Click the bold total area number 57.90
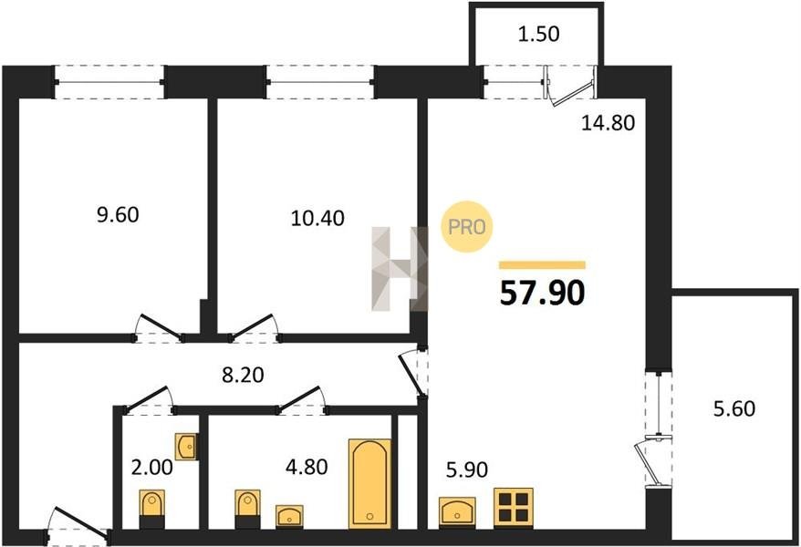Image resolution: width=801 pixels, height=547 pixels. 542,294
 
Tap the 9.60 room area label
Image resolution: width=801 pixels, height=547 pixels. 118,215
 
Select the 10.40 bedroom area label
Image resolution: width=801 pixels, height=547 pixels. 317,219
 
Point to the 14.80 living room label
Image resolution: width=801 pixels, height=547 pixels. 608,123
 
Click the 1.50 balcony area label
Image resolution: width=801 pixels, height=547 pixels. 539,34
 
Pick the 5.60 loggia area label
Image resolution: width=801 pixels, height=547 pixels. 734,408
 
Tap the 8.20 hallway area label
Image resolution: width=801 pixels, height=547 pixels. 244,375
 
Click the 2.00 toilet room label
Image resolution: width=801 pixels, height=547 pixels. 151,467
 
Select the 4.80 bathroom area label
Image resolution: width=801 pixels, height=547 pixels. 307,467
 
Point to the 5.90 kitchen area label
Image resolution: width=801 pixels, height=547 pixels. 467,470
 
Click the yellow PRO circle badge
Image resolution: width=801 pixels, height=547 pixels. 467,227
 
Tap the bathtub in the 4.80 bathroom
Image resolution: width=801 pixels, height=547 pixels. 369,483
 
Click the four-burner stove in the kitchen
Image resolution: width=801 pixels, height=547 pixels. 514,507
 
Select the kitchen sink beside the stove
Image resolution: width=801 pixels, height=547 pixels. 457,511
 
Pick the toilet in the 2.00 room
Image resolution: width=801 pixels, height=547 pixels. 152,509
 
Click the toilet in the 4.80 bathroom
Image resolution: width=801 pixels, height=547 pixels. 248,509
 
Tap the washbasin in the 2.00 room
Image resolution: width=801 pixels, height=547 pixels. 186,447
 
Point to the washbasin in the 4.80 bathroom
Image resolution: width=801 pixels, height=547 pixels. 289,516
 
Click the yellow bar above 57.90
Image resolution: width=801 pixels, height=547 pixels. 542,264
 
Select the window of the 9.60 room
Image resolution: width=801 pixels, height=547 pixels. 109,82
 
